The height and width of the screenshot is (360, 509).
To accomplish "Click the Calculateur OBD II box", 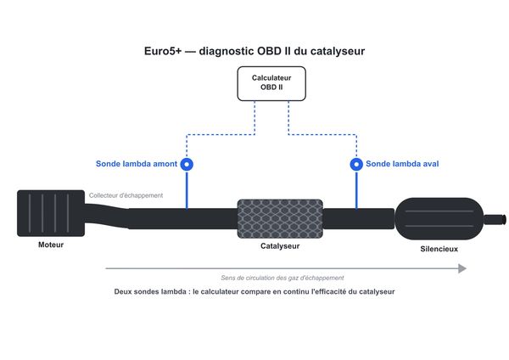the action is pyautogui.click(x=271, y=83).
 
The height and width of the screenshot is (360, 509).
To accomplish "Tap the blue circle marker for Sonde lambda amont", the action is pyautogui.click(x=187, y=164).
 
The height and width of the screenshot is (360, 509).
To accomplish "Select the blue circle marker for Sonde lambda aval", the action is pyautogui.click(x=356, y=164).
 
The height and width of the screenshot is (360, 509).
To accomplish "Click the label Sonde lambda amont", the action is pyautogui.click(x=137, y=164).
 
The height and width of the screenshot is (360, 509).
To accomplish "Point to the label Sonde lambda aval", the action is pyautogui.click(x=402, y=164).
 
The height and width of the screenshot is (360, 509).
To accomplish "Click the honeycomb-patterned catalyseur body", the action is pyautogui.click(x=280, y=219).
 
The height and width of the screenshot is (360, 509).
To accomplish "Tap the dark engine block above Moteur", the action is pyautogui.click(x=51, y=213).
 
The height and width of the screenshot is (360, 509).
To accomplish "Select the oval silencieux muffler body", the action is pyautogui.click(x=439, y=219).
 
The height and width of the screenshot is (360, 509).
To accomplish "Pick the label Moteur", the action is pyautogui.click(x=51, y=245).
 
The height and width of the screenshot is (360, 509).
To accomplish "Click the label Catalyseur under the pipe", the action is pyautogui.click(x=280, y=246).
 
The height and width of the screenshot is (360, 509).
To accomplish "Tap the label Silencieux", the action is pyautogui.click(x=439, y=249).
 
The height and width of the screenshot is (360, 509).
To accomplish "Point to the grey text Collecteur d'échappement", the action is pyautogui.click(x=126, y=195).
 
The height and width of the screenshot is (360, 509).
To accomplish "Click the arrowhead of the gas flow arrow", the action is pyautogui.click(x=462, y=268).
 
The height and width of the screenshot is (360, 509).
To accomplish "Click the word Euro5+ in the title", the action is pyautogui.click(x=163, y=51).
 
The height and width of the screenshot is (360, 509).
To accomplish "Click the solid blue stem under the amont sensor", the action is pyautogui.click(x=187, y=190).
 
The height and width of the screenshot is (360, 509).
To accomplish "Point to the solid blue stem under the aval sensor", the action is pyautogui.click(x=356, y=190).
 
